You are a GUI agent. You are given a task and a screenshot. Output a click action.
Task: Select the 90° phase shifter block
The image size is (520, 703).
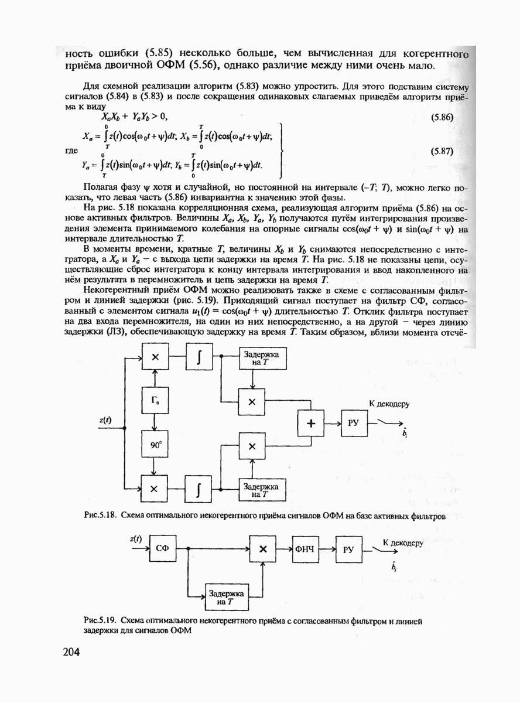(x=155, y=445)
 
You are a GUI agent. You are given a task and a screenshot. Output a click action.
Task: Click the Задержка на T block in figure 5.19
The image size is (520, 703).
(x=225, y=597)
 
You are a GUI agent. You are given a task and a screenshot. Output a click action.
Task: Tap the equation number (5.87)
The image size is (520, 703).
(x=443, y=151)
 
